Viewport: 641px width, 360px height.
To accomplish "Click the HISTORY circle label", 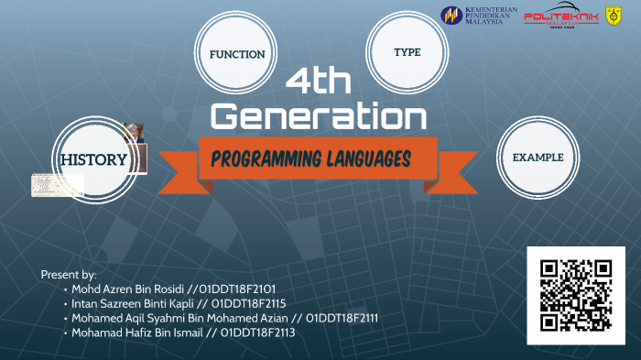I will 93,159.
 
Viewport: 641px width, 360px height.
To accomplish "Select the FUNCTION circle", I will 237,54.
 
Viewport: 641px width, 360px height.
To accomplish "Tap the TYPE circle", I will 407,52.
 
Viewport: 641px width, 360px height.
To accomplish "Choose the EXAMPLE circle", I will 538,158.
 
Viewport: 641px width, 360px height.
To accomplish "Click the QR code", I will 575,295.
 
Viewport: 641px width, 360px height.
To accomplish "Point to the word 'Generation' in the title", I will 318,116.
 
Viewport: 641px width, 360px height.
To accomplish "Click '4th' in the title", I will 318,82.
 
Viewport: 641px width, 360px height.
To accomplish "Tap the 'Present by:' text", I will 69,274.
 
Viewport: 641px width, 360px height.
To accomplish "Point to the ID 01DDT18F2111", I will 342,318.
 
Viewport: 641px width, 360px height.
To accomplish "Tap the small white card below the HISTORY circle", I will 57,185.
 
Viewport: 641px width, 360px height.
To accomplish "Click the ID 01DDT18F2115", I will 249,303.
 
